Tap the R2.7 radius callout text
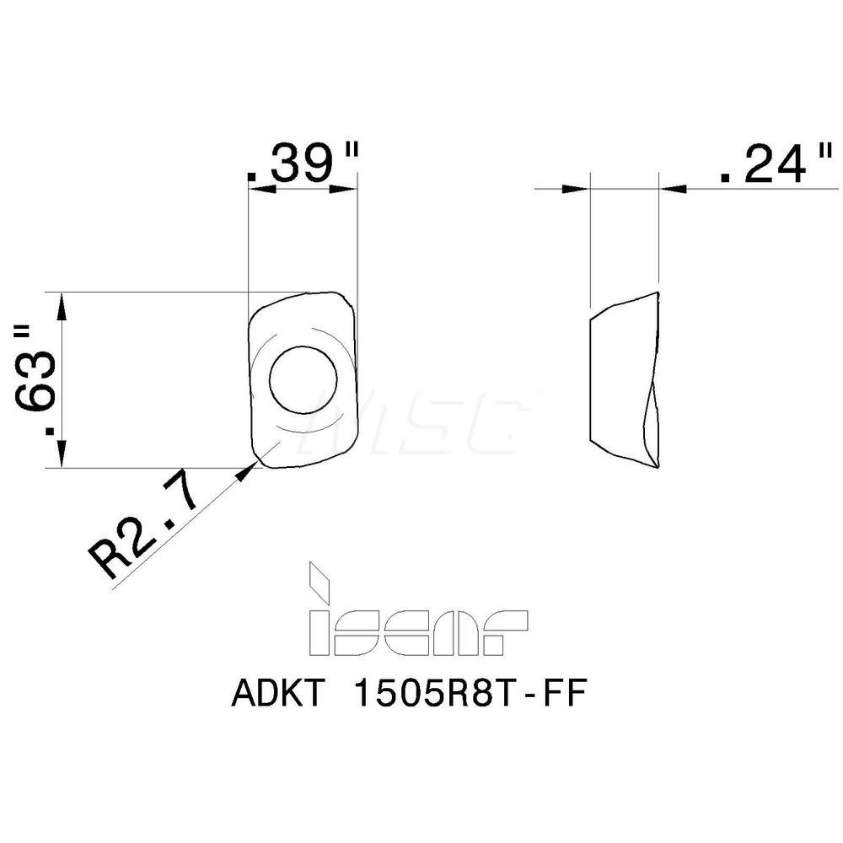(x=143, y=531)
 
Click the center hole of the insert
(x=303, y=380)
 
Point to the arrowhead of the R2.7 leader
(x=245, y=472)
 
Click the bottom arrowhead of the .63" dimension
(x=62, y=455)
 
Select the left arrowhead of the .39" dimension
(x=260, y=190)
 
